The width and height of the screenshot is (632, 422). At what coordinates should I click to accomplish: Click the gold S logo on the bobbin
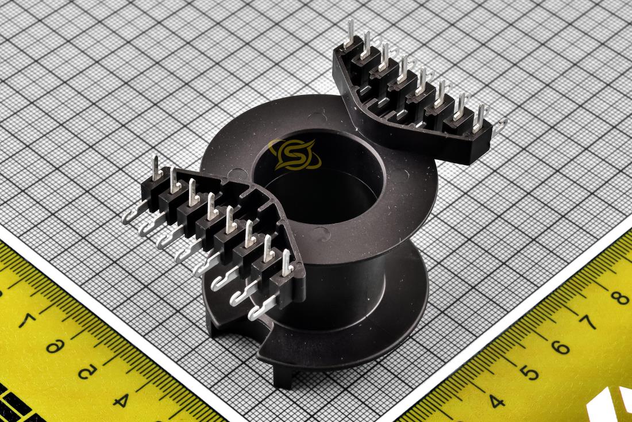click(x=295, y=155)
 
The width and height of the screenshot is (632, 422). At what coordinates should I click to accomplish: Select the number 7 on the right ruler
click(x=588, y=322)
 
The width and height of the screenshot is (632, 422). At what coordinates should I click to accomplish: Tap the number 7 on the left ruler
click(x=28, y=320)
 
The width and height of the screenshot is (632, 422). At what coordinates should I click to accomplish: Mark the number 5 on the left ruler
click(x=87, y=371)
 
